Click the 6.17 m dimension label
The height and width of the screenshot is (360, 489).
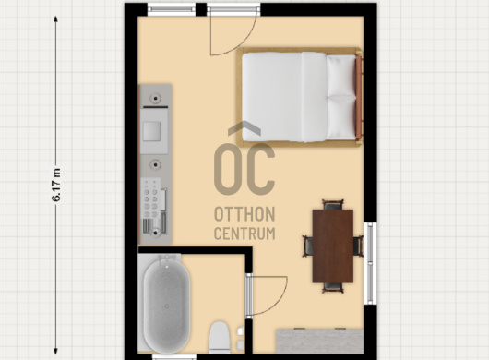coord(56,185)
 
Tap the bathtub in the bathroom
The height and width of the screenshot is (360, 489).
coord(166,305)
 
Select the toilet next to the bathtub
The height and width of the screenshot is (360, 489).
coord(220,338)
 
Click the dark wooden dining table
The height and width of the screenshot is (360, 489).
coord(333,246)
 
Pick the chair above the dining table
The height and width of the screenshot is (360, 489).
coord(333,205)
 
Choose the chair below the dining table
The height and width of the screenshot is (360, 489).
coord(333,288)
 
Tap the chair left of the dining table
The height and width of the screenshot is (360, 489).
coord(308,246)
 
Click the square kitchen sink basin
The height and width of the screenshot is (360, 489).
coord(152,131)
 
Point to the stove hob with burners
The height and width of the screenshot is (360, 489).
coord(151,198)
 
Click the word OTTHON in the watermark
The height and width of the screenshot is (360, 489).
coord(244,214)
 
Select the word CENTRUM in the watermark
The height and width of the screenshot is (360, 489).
coord(244,234)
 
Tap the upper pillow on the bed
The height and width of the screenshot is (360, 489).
coord(340,76)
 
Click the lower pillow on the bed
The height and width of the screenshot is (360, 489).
coord(340,118)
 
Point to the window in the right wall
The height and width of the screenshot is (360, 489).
coord(370,263)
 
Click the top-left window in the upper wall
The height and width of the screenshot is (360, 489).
coord(172,9)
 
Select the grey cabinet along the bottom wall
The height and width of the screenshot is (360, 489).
coord(319,341)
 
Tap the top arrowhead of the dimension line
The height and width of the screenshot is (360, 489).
coord(56,18)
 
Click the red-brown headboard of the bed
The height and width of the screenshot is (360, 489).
coord(359,97)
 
